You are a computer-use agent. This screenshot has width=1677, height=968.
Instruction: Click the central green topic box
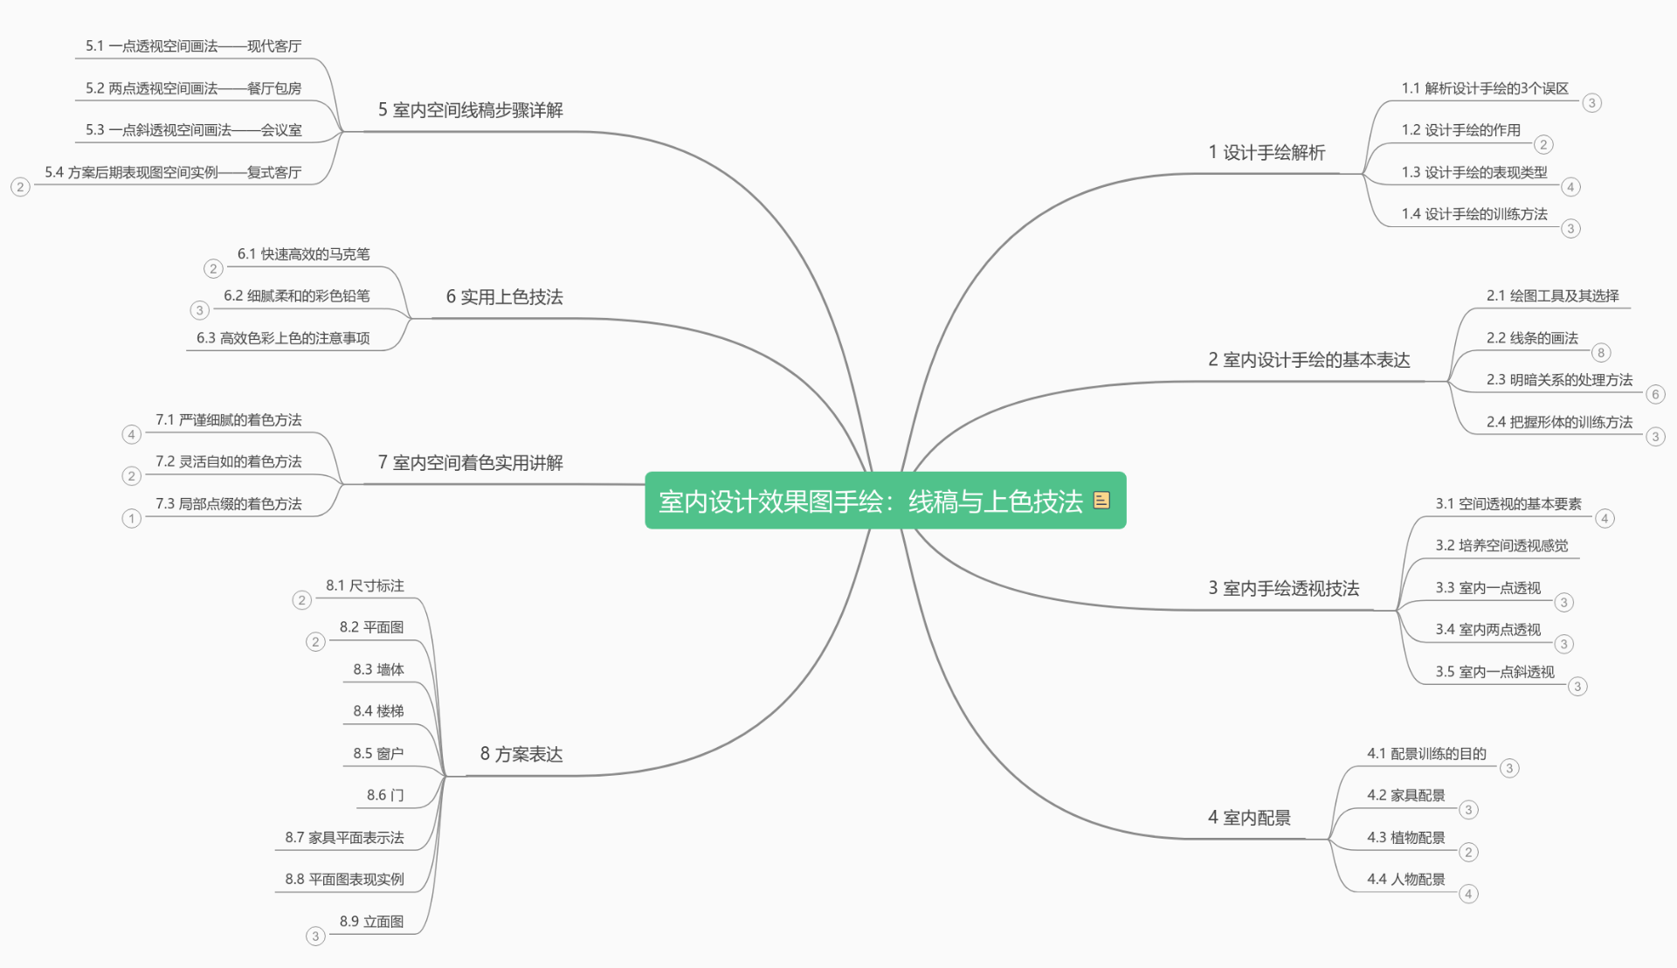point(885,501)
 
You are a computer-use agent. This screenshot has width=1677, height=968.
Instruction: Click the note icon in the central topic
point(1101,500)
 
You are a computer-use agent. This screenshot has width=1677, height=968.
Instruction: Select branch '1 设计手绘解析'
point(1266,153)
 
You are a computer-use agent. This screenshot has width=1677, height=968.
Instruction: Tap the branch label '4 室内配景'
point(1249,818)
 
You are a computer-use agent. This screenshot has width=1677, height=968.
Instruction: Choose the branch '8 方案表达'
point(521,754)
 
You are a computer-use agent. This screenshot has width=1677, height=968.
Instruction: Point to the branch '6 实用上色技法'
point(505,297)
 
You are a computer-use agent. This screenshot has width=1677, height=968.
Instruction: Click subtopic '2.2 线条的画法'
point(1532,338)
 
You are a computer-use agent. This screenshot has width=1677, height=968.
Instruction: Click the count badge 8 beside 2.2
point(1600,353)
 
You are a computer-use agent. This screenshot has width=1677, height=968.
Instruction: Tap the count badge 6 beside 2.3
point(1655,395)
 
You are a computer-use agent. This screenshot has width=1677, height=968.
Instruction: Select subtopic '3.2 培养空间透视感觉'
point(1501,546)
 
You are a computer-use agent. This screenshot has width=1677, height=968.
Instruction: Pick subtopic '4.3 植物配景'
point(1406,838)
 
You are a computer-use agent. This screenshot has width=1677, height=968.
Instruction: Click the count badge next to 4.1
point(1509,769)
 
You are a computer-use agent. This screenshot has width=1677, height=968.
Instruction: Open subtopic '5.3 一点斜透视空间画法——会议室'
point(193,130)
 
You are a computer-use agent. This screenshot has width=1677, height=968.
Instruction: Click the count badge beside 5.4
point(20,187)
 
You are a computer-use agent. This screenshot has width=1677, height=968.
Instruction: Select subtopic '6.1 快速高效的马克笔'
point(303,254)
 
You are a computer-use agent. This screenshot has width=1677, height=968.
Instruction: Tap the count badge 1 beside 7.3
point(131,519)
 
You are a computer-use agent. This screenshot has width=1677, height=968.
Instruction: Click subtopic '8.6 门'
point(385,795)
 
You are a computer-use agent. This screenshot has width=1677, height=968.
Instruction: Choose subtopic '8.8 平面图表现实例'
point(344,879)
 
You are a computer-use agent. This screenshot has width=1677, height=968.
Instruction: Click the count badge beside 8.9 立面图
point(315,937)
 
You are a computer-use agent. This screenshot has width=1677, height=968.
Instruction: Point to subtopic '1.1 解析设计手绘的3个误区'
point(1485,88)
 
